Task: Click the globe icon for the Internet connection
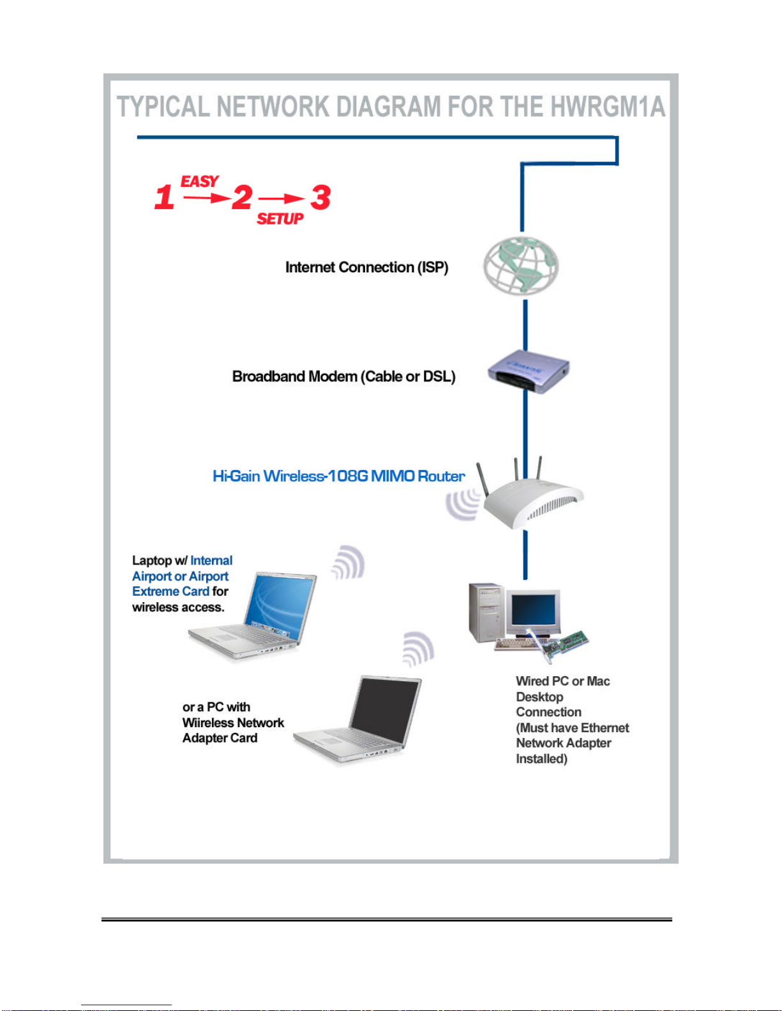[x=522, y=265]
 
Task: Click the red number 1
[x=164, y=197]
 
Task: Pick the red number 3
[x=320, y=197]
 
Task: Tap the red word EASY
[x=200, y=181]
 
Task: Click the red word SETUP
[x=280, y=218]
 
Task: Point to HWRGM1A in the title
[x=608, y=107]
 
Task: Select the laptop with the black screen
[x=358, y=719]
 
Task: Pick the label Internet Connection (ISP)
[x=367, y=267]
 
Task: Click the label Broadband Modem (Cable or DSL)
[x=343, y=376]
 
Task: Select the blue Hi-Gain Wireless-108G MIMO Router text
[x=339, y=476]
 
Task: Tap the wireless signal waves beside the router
[x=462, y=504]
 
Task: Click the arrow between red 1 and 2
[x=207, y=198]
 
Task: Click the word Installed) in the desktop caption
[x=541, y=758]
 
